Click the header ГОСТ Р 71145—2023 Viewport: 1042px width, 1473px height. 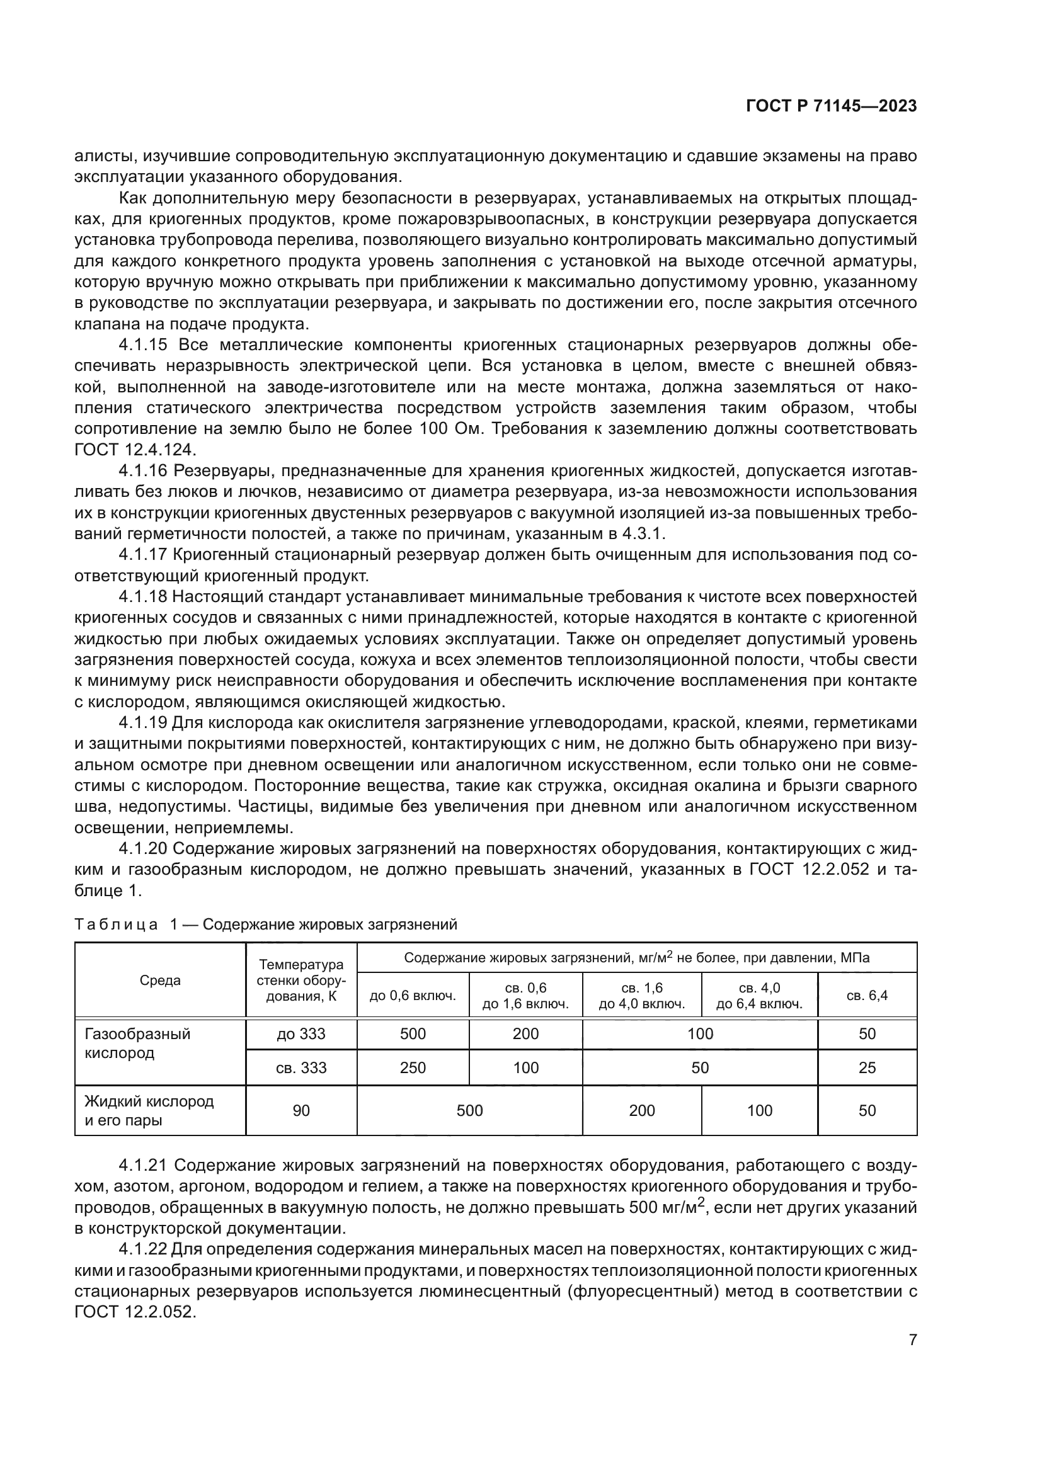(831, 106)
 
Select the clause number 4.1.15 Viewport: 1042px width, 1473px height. (142, 345)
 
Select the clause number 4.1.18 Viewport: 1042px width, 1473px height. (142, 596)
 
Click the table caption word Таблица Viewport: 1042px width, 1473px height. (116, 924)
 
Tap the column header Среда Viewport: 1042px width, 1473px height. (160, 981)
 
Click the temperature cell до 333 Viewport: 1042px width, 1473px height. (301, 1034)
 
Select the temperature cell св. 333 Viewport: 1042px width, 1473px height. (301, 1068)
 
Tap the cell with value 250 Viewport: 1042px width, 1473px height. (413, 1068)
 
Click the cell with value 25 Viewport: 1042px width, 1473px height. (867, 1068)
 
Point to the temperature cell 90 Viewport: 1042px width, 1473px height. (301, 1111)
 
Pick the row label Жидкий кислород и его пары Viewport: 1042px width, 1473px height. (149, 1111)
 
